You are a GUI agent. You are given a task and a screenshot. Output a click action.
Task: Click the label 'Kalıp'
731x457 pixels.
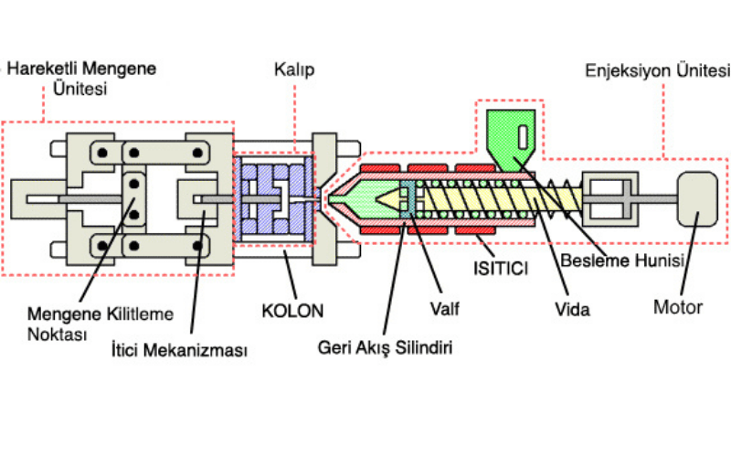tap(291, 69)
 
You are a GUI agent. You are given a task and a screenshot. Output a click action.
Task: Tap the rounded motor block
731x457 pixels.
tap(697, 197)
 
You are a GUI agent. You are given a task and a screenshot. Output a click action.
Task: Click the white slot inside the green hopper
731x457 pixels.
tap(521, 137)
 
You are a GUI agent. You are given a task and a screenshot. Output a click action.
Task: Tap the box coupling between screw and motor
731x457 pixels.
tap(607, 197)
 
